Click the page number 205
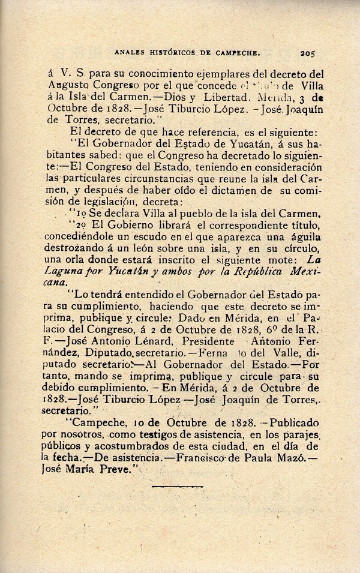click(313, 52)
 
